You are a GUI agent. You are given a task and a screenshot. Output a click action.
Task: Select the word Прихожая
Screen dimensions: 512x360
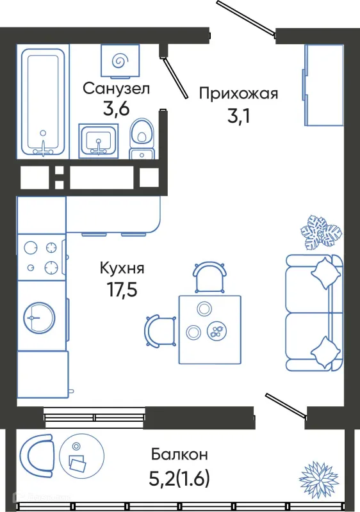tap(238, 94)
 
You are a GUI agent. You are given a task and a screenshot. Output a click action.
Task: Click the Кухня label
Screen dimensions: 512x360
tap(122, 269)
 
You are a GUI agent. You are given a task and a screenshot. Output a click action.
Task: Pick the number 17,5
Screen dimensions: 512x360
tap(122, 289)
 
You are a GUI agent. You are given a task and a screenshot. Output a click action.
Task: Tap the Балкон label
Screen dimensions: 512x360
tap(179, 455)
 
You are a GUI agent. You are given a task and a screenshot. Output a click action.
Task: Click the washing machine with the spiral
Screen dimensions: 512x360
tap(119, 60)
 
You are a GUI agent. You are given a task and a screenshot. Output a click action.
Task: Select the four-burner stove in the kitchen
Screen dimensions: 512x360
tap(42, 257)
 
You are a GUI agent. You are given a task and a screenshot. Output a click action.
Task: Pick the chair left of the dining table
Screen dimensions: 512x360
tap(158, 331)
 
